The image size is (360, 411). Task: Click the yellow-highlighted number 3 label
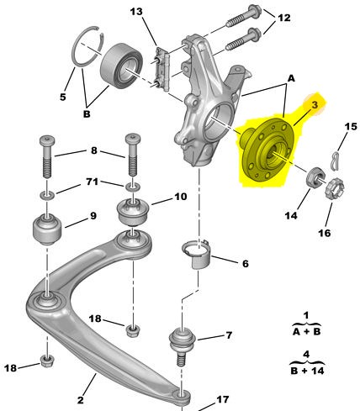coord(315,105)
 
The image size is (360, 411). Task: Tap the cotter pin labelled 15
coord(336,161)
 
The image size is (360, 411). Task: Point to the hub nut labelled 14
coord(316,177)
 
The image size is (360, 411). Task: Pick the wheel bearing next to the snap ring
coord(122,65)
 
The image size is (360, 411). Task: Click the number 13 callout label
coord(136,12)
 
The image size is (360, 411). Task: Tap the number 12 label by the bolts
coord(284,18)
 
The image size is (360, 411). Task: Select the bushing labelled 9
coord(47,229)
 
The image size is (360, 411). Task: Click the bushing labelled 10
coord(131,212)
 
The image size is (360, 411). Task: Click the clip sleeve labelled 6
coord(197,254)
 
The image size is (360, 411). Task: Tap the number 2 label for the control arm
coord(81,400)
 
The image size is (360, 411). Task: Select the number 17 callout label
coord(223,399)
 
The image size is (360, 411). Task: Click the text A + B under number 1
coord(306,332)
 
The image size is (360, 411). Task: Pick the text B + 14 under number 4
coord(307,371)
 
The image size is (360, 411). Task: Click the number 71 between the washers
coord(93,182)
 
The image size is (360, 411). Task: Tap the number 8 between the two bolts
coord(94,150)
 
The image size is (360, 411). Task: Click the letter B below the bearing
coord(87,114)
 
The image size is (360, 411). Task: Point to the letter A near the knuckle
coord(291,79)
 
